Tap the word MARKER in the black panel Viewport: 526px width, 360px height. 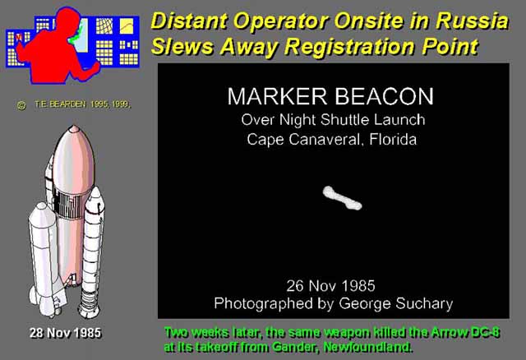click(277, 96)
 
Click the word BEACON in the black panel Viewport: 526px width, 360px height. click(384, 96)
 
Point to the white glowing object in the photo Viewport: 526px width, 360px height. click(342, 198)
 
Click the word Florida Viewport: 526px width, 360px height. click(393, 139)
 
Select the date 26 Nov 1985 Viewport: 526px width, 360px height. click(330, 286)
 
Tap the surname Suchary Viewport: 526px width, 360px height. click(424, 303)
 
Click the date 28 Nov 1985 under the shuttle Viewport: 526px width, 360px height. click(65, 333)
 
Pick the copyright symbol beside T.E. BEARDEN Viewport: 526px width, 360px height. click(21, 105)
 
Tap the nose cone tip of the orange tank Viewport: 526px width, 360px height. click(73, 127)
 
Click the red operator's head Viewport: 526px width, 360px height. click(67, 19)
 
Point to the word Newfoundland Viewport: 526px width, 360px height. click(367, 347)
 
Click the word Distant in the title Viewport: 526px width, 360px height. click(189, 21)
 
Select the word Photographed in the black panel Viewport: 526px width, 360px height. click(263, 303)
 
